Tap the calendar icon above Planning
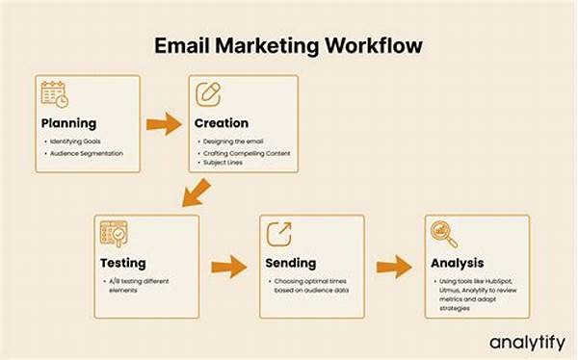click(x=55, y=94)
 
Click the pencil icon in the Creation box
click(x=208, y=94)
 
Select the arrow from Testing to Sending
click(x=228, y=267)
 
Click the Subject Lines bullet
click(x=223, y=163)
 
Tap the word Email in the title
click(x=184, y=45)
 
